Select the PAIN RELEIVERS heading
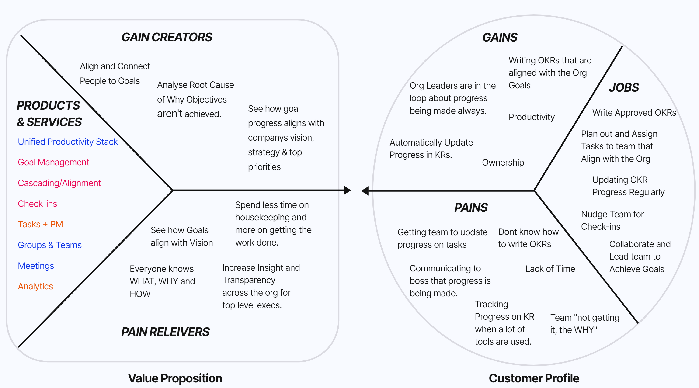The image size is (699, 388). (x=165, y=332)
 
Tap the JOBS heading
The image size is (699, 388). (x=624, y=87)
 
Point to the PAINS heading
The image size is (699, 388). (x=471, y=208)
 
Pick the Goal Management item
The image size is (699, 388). (x=53, y=162)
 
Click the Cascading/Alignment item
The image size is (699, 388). (x=59, y=183)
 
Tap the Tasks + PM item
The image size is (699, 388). (x=40, y=224)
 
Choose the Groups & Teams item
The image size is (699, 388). (x=50, y=245)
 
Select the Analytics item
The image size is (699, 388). (x=35, y=286)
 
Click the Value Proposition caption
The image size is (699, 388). (x=175, y=378)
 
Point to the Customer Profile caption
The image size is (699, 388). (x=534, y=378)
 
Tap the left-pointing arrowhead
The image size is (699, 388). (x=365, y=191)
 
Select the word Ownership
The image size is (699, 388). (x=503, y=163)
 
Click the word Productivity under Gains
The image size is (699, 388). (x=531, y=117)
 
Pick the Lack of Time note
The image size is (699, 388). (x=550, y=269)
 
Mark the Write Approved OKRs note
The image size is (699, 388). (x=634, y=113)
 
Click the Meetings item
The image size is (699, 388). (x=36, y=266)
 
